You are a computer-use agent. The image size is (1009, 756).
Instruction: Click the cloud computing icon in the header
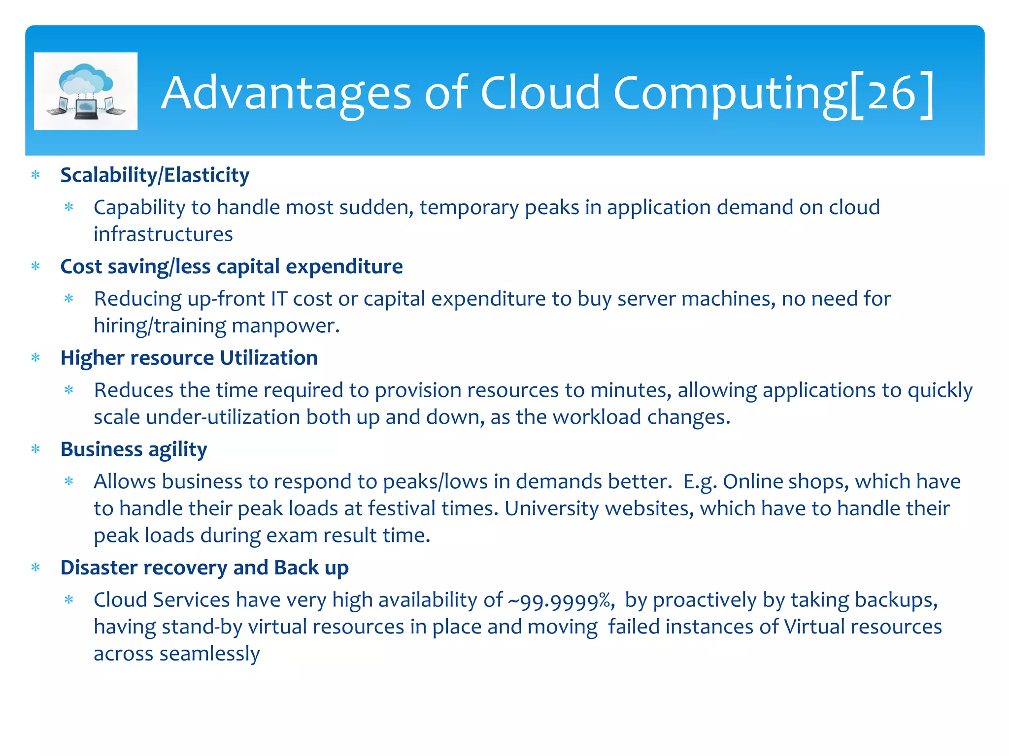tap(86, 91)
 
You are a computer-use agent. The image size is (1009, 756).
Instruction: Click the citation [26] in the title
tap(892, 94)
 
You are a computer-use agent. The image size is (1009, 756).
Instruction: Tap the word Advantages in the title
tap(286, 94)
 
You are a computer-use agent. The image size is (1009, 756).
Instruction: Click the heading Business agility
tap(134, 449)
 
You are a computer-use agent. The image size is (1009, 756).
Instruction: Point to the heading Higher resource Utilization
tap(189, 358)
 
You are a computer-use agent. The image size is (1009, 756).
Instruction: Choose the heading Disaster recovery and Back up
tap(204, 568)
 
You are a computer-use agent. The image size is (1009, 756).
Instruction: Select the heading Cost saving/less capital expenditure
tap(232, 267)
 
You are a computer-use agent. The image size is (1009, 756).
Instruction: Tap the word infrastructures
tap(163, 234)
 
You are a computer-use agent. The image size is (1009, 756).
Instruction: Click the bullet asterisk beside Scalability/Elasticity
tap(35, 175)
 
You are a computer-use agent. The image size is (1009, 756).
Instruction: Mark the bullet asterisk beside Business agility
tap(35, 449)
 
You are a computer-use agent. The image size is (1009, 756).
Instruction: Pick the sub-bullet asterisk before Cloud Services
tap(69, 600)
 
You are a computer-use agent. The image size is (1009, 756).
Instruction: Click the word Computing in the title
tap(729, 94)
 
